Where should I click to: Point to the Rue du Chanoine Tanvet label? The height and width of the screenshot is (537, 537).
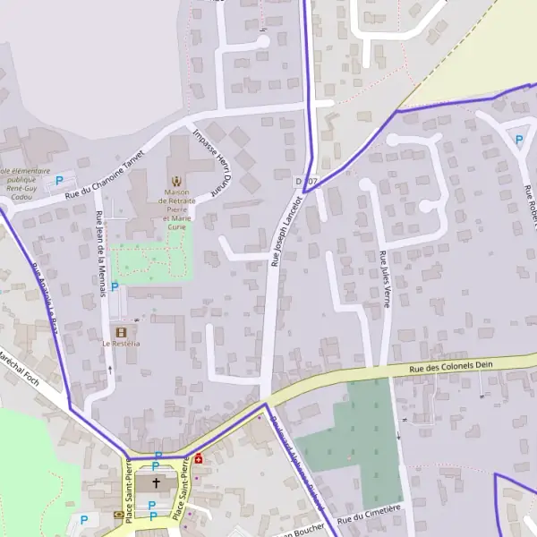(111, 175)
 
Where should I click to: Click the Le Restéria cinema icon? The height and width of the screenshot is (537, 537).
(120, 332)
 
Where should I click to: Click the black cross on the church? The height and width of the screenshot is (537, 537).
(157, 483)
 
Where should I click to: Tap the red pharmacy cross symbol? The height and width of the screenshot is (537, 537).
(197, 458)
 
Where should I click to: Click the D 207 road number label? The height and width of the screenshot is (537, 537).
(306, 182)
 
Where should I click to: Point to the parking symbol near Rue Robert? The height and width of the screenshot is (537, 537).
(518, 139)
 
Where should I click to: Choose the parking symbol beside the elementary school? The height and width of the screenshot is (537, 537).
(59, 180)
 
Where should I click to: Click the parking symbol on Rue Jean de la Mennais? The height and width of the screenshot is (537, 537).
(114, 286)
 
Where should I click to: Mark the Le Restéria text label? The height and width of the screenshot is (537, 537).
(121, 344)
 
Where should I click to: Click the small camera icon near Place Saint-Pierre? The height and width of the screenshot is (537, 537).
(119, 515)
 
